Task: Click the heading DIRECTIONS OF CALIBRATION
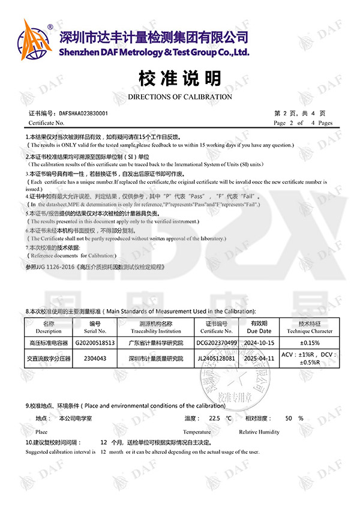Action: pyautogui.click(x=180, y=97)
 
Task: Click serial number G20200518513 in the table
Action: pyautogui.click(x=95, y=342)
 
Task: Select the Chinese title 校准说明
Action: pyautogui.click(x=180, y=78)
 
